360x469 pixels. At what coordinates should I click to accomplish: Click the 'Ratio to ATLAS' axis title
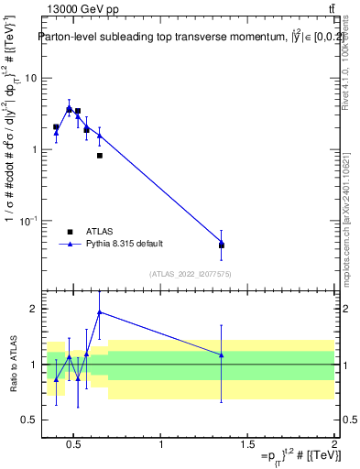[12, 363]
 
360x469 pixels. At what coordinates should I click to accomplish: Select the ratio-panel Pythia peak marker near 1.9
[100, 312]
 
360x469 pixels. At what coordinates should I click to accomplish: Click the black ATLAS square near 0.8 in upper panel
[99, 156]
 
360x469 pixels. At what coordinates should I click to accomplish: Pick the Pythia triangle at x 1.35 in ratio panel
[222, 354]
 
